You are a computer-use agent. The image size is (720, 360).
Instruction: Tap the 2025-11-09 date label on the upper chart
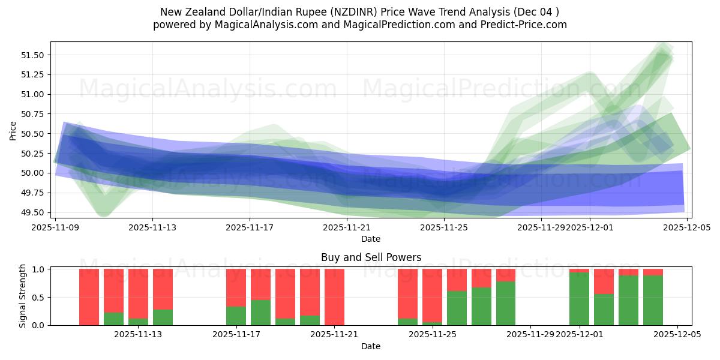[55, 228]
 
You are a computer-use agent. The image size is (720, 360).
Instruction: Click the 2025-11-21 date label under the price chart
[347, 228]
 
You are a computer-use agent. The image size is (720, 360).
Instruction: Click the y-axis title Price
[13, 130]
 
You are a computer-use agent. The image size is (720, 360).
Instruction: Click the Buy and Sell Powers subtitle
[371, 257]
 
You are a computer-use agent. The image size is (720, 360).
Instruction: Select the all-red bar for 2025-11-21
[334, 297]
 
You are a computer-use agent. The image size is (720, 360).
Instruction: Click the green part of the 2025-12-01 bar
[579, 299]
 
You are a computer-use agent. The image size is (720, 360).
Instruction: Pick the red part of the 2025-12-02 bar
[604, 281]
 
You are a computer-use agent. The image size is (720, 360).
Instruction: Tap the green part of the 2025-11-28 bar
[505, 303]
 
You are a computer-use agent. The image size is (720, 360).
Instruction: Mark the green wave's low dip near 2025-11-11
[103, 210]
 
